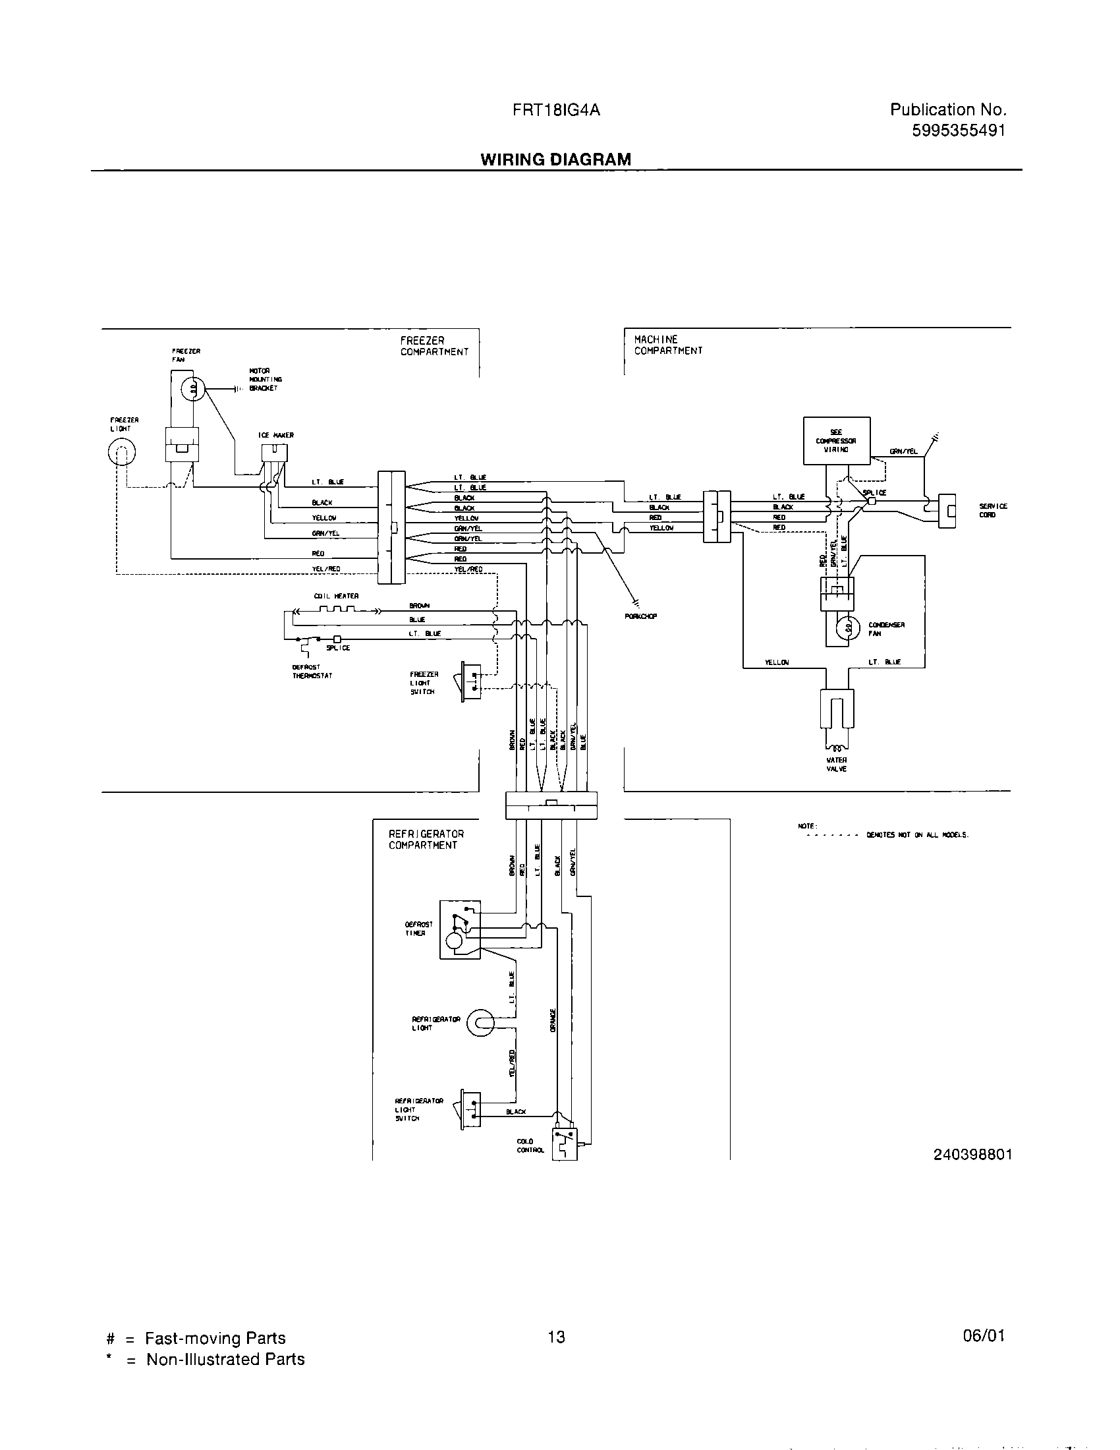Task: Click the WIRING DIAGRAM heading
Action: click(555, 159)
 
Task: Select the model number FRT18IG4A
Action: click(556, 110)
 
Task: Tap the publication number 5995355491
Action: click(958, 130)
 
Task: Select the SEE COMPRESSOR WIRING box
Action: click(836, 440)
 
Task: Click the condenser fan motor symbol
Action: click(848, 627)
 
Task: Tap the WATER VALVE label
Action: click(837, 764)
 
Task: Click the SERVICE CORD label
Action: click(993, 510)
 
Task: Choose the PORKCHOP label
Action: click(640, 616)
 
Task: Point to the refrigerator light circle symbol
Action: click(480, 1023)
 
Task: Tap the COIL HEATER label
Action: click(337, 596)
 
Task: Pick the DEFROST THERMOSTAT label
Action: click(312, 671)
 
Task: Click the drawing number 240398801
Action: click(972, 1154)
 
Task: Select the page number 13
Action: click(556, 1337)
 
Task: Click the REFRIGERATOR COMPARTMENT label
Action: click(426, 839)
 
